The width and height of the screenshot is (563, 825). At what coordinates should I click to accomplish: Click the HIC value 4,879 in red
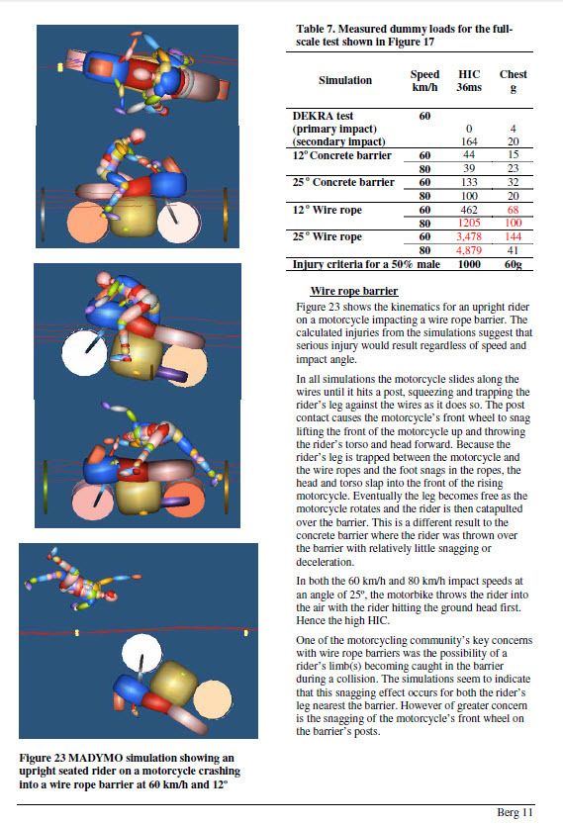469,250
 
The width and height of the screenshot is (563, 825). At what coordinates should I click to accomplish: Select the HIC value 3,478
469,236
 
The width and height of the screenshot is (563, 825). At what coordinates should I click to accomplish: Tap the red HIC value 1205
469,224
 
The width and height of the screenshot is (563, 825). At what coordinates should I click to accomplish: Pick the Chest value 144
513,236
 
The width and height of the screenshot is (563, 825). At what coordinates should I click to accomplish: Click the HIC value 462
469,210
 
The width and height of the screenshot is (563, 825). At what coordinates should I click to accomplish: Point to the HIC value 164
469,141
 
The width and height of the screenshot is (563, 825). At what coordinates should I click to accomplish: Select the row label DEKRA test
323,116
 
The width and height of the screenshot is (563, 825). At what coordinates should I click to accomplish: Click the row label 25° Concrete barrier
343,182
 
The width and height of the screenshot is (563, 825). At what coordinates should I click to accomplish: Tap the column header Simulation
345,80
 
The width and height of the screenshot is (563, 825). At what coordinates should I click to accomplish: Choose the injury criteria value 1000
469,264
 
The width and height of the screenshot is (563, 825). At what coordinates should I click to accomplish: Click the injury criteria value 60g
513,264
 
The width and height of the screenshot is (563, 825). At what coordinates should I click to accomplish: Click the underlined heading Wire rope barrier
354,291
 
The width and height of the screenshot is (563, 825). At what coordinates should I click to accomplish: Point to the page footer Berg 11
516,812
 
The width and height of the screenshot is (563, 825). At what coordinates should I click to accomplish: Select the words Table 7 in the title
315,29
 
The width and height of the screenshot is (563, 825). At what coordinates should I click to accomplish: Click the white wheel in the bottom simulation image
142,654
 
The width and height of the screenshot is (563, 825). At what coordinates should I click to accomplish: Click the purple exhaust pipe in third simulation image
169,376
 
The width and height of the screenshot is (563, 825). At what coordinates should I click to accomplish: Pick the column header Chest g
513,80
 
